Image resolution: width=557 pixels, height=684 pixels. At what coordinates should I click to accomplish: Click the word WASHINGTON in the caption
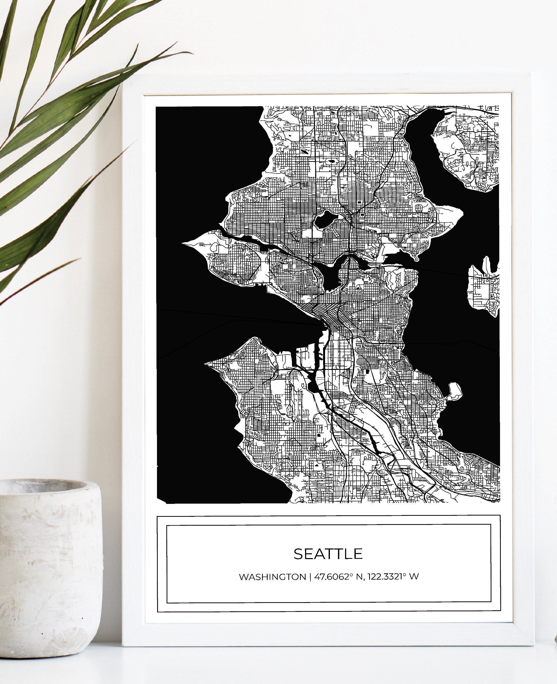click(272, 577)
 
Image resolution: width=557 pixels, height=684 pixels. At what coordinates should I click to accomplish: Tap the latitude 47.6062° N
click(338, 577)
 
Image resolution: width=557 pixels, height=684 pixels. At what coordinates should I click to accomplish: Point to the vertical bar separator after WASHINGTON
click(310, 577)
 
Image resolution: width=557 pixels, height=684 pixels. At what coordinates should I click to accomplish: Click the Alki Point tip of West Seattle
click(207, 363)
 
